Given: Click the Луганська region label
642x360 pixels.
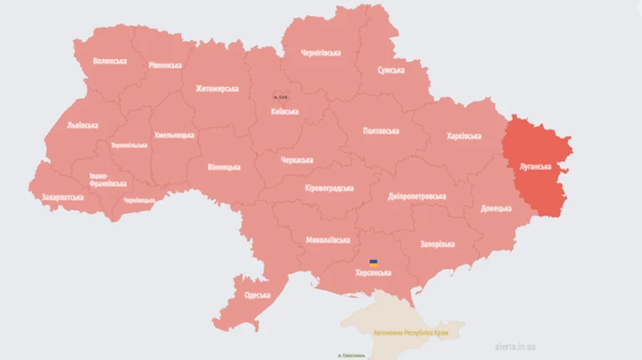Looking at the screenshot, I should (x=534, y=166).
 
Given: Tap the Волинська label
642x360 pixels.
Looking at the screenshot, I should (x=110, y=61).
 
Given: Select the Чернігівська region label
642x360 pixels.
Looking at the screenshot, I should (x=321, y=52).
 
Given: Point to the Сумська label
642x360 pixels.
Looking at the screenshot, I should (x=391, y=71).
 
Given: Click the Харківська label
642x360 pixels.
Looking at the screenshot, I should (x=464, y=135).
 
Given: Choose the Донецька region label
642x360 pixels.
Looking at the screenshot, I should (x=496, y=208).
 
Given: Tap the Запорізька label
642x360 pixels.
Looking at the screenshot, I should (x=437, y=244).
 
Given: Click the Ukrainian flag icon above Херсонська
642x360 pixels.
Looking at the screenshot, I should (x=374, y=262).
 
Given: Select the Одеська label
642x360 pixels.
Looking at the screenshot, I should (x=257, y=295).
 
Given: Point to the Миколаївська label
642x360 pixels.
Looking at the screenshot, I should (x=328, y=240).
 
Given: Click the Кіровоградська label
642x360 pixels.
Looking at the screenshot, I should (x=329, y=188).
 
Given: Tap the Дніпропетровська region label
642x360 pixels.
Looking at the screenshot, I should (x=417, y=197).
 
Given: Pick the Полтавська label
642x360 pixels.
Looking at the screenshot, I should (x=381, y=131).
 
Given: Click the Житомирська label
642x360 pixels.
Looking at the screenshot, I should (x=217, y=88).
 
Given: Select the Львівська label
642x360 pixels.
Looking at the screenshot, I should (x=82, y=125).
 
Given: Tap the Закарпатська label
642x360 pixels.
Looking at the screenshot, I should (x=62, y=197).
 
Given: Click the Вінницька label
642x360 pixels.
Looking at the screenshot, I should (x=224, y=167).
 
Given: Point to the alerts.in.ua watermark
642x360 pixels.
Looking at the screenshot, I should (x=516, y=345).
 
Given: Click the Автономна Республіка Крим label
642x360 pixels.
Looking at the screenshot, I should (x=410, y=332).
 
